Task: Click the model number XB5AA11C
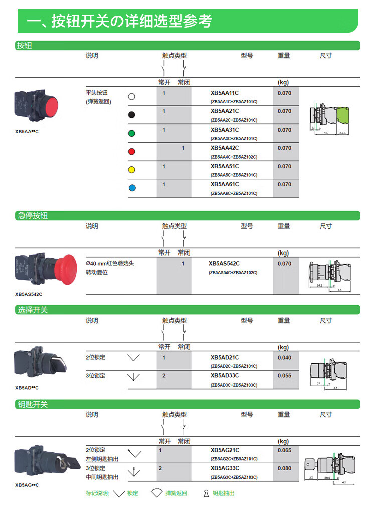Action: [x=224, y=93]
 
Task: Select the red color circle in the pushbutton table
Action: [x=131, y=151]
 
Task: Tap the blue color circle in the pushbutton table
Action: [x=131, y=188]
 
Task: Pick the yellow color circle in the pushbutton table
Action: [x=131, y=170]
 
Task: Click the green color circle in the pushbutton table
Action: [x=131, y=133]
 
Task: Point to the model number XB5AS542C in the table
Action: [x=224, y=264]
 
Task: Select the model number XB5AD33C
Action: [x=224, y=376]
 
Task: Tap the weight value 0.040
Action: [x=284, y=358]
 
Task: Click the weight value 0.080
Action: [x=284, y=468]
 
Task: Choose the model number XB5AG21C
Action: [x=224, y=450]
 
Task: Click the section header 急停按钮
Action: [x=33, y=216]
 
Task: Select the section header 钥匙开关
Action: [x=33, y=404]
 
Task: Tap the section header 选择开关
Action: [x=33, y=310]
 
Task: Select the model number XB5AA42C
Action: [x=224, y=148]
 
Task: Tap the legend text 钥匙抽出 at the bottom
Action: [x=223, y=493]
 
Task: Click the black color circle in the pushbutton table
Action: [x=131, y=114]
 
